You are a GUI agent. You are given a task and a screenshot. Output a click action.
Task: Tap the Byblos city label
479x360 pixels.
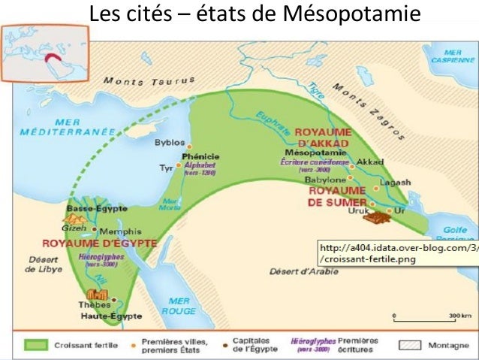169,141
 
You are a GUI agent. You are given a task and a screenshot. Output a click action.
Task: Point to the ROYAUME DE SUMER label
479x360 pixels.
336,195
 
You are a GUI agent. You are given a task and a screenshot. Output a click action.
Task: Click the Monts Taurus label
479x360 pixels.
149,80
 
